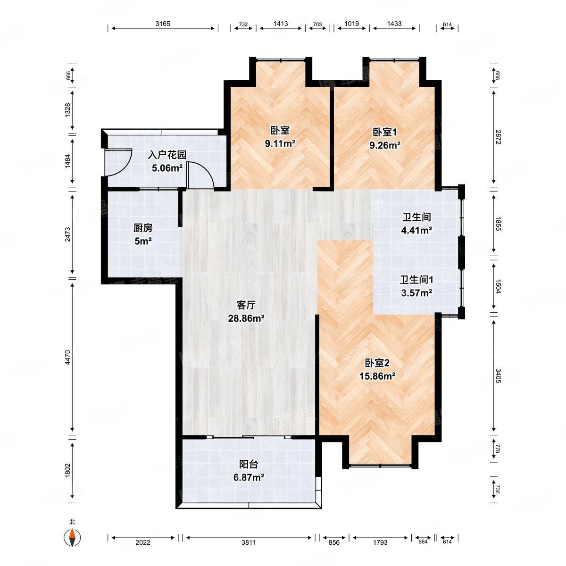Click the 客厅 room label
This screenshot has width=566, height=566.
click(246, 305)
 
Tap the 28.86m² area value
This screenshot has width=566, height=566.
click(246, 318)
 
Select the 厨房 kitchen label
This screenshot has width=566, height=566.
click(143, 228)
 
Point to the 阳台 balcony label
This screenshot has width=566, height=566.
click(249, 465)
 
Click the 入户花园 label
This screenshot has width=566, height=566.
click(167, 155)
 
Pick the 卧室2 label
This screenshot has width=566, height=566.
click(377, 363)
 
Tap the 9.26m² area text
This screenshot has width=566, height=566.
click(385, 145)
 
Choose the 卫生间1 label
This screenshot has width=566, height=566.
click(416, 280)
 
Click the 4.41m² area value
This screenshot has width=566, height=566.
click(416, 230)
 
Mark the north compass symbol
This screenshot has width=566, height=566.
click(72, 538)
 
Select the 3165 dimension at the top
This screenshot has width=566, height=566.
click(163, 24)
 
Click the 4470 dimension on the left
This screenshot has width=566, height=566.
click(68, 358)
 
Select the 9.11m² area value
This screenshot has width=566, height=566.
click(280, 143)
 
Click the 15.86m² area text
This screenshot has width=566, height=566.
click(377, 376)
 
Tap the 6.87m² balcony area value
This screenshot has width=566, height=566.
click(249, 477)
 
